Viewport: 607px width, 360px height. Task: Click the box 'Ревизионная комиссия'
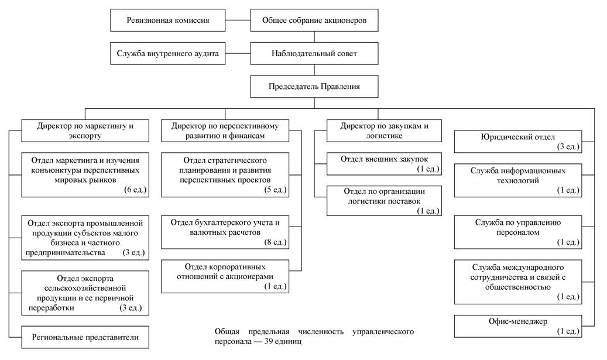point(167,20)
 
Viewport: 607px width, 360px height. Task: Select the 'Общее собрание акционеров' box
point(314,20)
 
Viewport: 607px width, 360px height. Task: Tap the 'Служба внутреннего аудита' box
point(167,53)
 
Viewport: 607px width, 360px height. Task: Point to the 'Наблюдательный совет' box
point(314,53)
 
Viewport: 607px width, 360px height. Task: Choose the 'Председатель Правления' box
point(314,86)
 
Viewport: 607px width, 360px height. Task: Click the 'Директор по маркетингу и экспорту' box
point(85,131)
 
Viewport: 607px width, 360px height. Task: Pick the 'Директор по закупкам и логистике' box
point(384,131)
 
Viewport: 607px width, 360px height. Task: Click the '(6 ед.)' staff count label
point(135,190)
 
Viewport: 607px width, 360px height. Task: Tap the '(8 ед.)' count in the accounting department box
point(275,242)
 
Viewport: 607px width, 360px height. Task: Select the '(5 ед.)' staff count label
point(275,190)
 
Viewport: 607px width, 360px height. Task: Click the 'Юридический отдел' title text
point(517,137)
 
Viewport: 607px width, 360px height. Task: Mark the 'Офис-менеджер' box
point(517,326)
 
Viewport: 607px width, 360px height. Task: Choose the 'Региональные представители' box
point(85,337)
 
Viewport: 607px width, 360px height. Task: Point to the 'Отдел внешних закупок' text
point(384,159)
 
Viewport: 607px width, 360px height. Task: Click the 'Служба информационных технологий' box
point(517,181)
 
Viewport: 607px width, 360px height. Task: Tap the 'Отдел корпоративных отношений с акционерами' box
point(225,276)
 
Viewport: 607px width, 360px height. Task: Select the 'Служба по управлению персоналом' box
point(517,232)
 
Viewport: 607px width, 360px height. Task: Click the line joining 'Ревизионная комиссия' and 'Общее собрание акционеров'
point(238,20)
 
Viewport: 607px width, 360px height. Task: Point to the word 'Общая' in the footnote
point(227,332)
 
